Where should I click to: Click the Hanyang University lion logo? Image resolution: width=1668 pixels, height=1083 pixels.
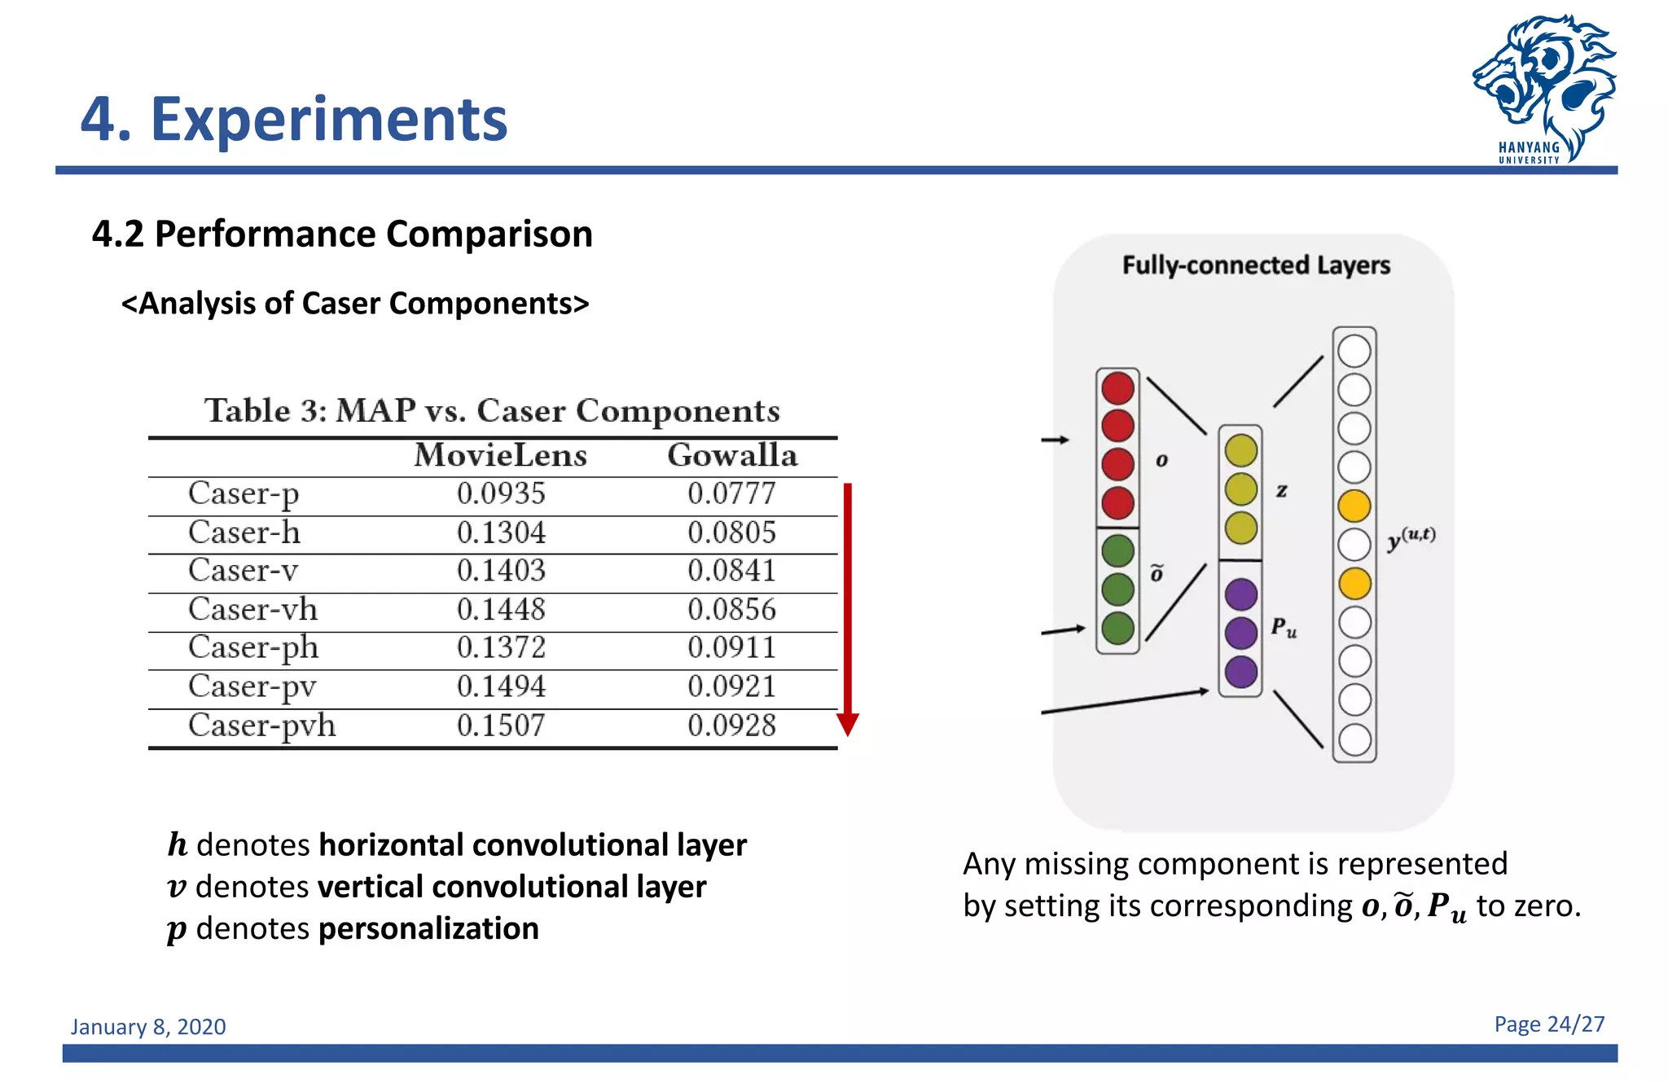tap(1543, 85)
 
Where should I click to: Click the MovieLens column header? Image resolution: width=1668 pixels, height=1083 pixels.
tap(500, 455)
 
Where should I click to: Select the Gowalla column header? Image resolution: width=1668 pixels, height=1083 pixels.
tap(731, 455)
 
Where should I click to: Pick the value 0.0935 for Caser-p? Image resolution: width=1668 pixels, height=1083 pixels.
tap(500, 493)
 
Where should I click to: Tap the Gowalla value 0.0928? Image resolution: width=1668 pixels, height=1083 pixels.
tap(731, 726)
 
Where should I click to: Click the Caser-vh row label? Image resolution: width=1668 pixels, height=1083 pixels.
tap(252, 609)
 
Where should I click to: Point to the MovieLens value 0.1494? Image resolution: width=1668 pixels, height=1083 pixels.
tap(500, 686)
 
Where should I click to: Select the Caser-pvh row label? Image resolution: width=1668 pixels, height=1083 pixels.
tap(261, 726)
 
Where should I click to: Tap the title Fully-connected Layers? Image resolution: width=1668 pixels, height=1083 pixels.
tap(1255, 265)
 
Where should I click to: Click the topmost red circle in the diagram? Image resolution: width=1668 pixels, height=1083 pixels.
tap(1117, 388)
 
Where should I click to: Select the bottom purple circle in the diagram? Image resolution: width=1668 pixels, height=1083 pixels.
tap(1240, 672)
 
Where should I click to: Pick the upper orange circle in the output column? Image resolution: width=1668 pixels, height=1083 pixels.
tap(1354, 506)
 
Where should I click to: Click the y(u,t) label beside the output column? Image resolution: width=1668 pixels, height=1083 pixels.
tap(1411, 538)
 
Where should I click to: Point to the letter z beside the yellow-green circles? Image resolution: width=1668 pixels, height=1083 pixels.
tap(1281, 490)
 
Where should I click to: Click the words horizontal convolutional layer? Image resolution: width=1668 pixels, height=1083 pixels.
tap(532, 844)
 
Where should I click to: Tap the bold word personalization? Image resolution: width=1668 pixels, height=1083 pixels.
tap(428, 928)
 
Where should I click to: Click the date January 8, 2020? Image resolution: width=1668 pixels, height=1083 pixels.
tap(148, 1027)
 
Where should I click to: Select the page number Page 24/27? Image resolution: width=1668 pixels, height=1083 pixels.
tap(1548, 1024)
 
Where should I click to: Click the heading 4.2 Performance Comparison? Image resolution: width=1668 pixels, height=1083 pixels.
tap(342, 235)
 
